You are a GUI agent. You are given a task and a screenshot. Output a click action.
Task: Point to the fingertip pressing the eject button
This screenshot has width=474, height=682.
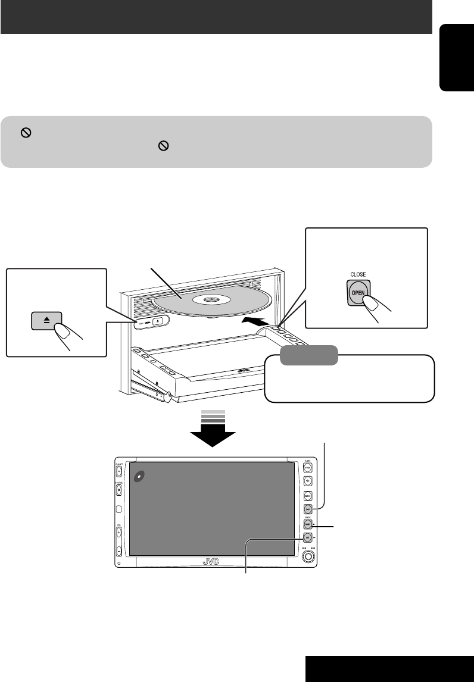click(x=61, y=331)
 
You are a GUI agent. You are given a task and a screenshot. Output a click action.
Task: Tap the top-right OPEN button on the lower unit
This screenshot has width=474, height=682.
click(x=307, y=468)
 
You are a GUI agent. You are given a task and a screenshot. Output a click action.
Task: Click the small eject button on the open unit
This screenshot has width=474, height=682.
click(x=158, y=321)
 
